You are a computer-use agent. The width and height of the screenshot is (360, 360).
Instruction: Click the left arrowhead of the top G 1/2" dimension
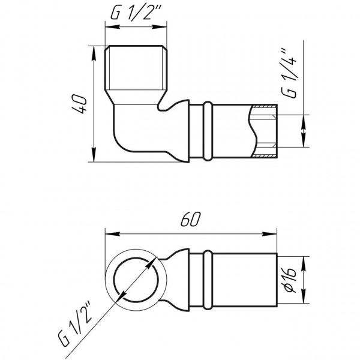pos(110,26)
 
